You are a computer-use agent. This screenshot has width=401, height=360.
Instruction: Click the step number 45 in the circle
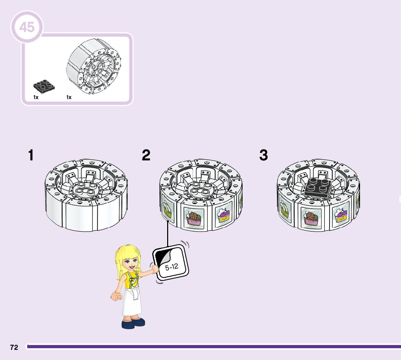tap(27, 27)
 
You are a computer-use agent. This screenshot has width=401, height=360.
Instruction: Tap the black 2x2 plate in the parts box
tap(44, 86)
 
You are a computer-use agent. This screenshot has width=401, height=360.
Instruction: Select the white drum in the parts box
tap(94, 69)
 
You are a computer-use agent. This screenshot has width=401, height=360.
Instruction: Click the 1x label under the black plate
tap(36, 97)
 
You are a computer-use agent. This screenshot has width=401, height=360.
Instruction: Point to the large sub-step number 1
tap(31, 156)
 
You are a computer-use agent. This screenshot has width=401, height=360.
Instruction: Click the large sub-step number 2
tap(146, 156)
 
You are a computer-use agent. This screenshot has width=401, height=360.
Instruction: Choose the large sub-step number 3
tap(264, 156)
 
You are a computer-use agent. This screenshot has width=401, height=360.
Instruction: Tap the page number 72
tap(14, 347)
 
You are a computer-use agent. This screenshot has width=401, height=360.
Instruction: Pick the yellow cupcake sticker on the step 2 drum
tap(223, 216)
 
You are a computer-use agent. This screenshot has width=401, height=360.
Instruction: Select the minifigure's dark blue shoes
tap(133, 322)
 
